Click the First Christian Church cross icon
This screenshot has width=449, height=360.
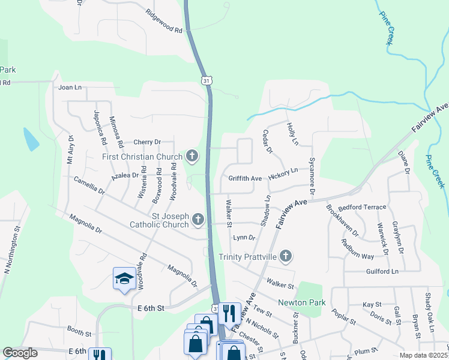pos(192,157)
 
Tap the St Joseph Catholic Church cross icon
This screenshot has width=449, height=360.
pos(199,220)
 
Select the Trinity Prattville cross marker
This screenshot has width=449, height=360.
pos(286,257)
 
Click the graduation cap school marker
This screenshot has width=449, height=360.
pos(124,278)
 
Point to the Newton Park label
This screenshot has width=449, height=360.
pos(301,302)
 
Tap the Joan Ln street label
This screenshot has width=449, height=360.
pos(70,87)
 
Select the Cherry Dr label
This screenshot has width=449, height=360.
pos(148,142)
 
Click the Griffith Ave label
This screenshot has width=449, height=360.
pos(245,179)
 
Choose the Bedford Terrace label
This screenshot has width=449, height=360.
pos(362,207)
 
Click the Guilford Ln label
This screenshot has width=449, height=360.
pos(382,272)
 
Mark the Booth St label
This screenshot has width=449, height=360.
pos(79,331)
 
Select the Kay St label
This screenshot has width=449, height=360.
pos(372,305)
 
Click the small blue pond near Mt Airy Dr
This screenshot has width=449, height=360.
pos(31,139)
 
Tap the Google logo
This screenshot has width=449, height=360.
pos(20,353)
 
